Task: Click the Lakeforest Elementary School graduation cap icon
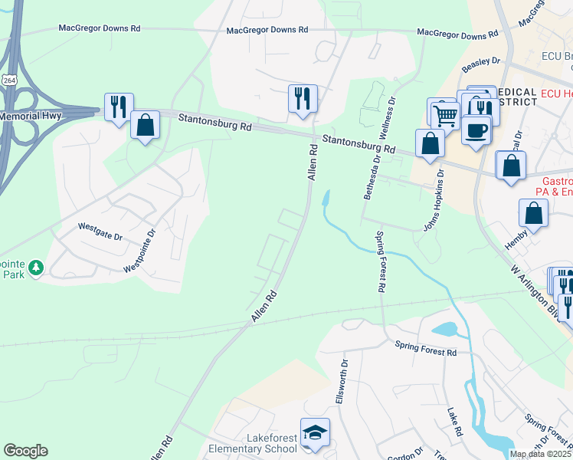[x=315, y=433]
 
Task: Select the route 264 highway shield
[x=8, y=80]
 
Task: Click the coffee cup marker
[x=476, y=131]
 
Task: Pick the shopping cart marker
[x=443, y=116]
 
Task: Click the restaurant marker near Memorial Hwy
[x=119, y=107]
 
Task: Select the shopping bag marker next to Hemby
[x=534, y=213]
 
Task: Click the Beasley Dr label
[x=480, y=61]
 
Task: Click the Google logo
[x=25, y=451]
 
